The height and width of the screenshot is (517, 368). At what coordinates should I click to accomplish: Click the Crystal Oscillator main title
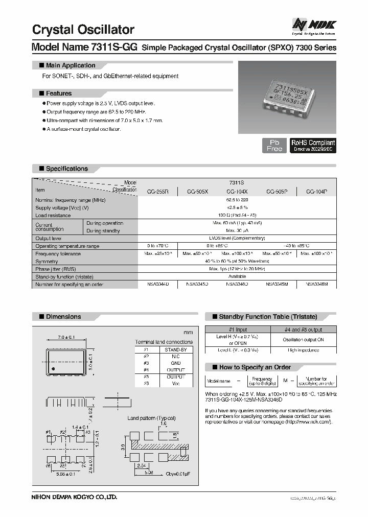click(83, 30)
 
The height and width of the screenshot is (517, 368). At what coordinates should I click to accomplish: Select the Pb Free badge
click(274, 145)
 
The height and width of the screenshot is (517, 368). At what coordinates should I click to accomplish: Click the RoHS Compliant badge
click(313, 145)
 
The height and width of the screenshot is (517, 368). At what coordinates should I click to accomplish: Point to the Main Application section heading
click(71, 65)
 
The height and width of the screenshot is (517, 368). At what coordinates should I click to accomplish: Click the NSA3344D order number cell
click(157, 284)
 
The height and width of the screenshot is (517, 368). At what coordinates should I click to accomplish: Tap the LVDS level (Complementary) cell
click(237, 238)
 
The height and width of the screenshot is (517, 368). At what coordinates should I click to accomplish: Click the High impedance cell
click(303, 350)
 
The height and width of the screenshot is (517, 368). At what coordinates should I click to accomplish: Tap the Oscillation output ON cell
click(303, 339)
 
